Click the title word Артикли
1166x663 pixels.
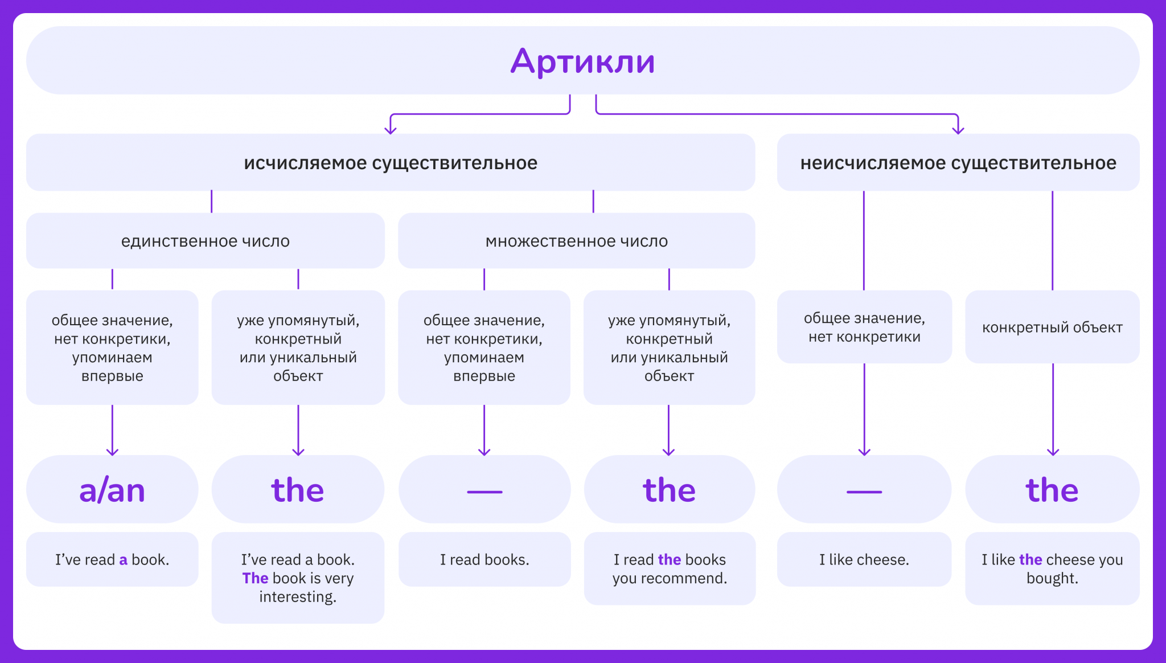pyautogui.click(x=582, y=61)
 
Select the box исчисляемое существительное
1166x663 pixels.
pyautogui.click(x=391, y=163)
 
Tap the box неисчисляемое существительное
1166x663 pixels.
pyautogui.click(x=958, y=163)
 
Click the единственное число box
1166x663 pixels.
pyautogui.click(x=205, y=241)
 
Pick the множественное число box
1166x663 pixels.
pyautogui.click(x=576, y=241)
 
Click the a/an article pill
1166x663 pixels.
pyautogui.click(x=112, y=490)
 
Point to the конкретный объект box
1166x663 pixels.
pyautogui.click(x=1052, y=328)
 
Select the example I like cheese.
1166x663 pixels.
pyautogui.click(x=864, y=560)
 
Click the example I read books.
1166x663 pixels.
pyautogui.click(x=485, y=560)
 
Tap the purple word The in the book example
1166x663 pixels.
pyautogui.click(x=255, y=578)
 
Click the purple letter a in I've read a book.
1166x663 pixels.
pyautogui.click(x=123, y=560)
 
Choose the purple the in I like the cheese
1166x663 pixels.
pyautogui.click(x=1030, y=560)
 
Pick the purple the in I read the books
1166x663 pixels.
pyautogui.click(x=669, y=560)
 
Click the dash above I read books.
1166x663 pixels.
pyautogui.click(x=485, y=492)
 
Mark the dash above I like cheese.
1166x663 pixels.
pyautogui.click(x=864, y=492)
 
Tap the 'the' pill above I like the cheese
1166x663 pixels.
pyautogui.click(x=1052, y=490)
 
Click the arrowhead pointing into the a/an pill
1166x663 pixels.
pyautogui.click(x=112, y=452)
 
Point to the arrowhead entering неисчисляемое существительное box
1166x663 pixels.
pyautogui.click(x=958, y=131)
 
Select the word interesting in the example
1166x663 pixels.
pyautogui.click(x=297, y=597)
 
